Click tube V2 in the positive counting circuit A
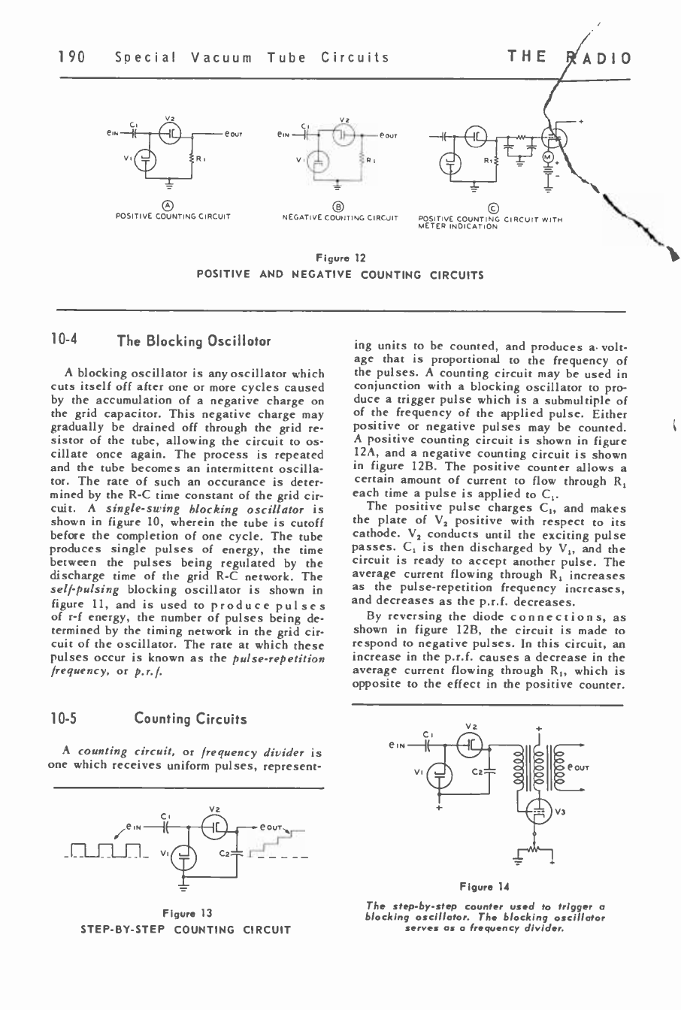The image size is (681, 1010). pyautogui.click(x=172, y=134)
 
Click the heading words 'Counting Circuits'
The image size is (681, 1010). pyautogui.click(x=190, y=719)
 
